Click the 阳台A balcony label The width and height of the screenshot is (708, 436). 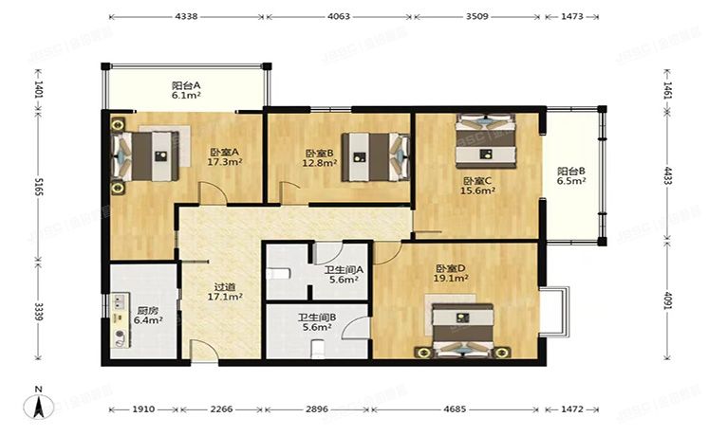(185, 89)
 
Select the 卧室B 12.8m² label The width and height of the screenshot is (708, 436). (320, 157)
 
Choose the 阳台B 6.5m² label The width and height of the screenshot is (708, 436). (570, 176)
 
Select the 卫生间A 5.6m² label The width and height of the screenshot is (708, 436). (341, 275)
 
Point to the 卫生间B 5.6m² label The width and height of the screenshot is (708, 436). (315, 322)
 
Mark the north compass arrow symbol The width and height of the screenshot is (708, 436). (38, 405)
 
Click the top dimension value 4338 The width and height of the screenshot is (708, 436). (186, 16)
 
